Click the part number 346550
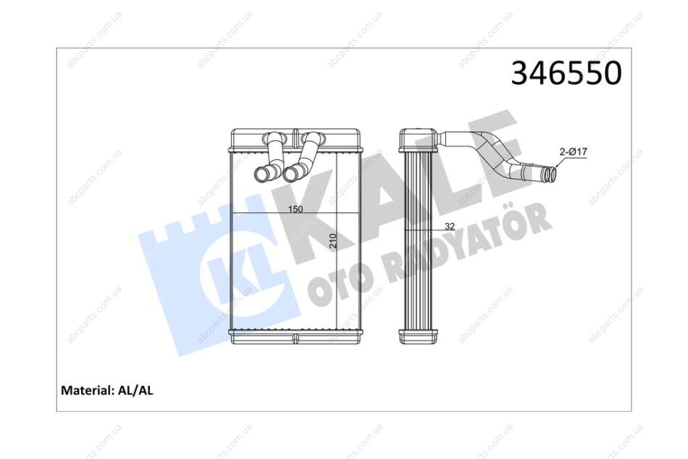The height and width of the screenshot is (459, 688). [x=566, y=73]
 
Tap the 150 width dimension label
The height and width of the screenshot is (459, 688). [x=295, y=209]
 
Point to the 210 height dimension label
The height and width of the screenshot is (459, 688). [x=332, y=241]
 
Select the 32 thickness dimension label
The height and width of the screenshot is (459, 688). [x=450, y=227]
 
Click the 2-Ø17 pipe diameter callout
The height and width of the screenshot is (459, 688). [x=574, y=152]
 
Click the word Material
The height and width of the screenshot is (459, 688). [x=86, y=390]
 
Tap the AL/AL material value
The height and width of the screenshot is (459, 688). [x=135, y=390]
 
